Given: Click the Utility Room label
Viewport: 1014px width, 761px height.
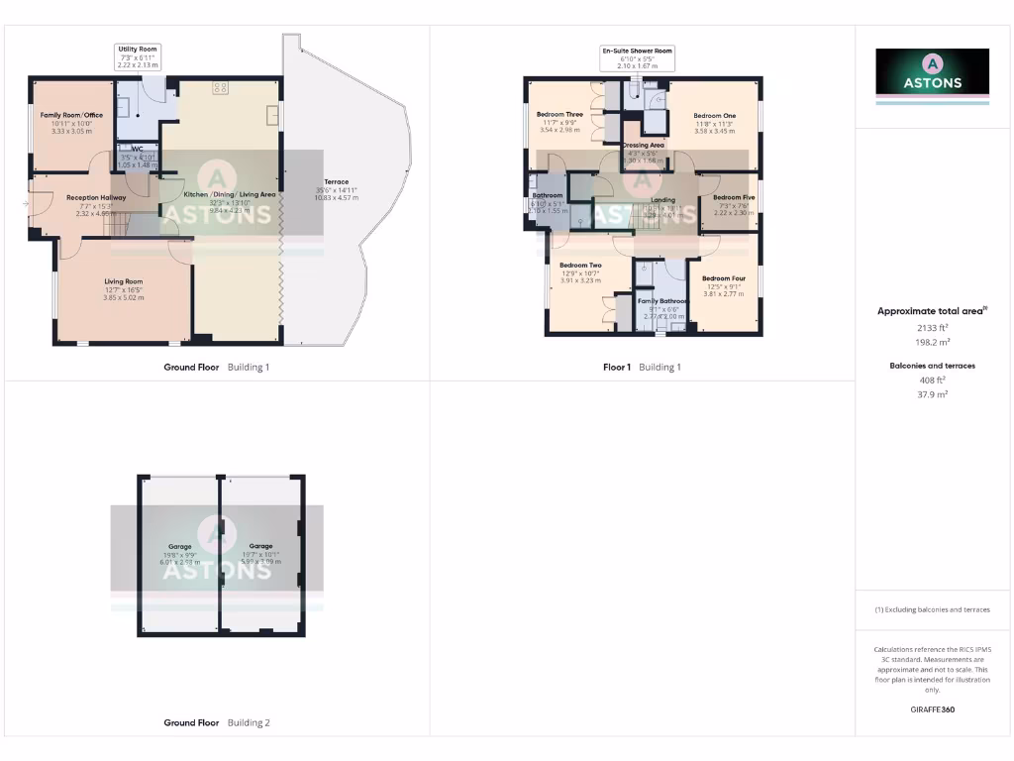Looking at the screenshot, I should tap(137, 49).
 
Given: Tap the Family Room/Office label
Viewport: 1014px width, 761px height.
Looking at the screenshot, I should tap(71, 115).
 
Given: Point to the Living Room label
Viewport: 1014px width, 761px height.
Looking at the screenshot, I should tap(124, 281).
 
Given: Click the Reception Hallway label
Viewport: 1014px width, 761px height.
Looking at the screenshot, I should tap(96, 197).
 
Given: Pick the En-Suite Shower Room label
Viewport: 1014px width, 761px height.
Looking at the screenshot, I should tap(637, 51).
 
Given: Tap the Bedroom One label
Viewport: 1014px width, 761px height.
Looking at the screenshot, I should tap(714, 116).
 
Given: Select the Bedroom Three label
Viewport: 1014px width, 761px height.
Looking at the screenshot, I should tap(559, 115).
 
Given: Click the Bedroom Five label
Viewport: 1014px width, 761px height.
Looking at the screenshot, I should tap(734, 197).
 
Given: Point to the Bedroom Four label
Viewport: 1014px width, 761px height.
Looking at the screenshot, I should tap(723, 279).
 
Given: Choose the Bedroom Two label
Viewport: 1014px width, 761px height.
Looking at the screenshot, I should tap(580, 266).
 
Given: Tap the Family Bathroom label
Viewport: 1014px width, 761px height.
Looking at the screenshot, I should tap(662, 300).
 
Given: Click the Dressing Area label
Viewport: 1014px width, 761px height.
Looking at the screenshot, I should tap(644, 146).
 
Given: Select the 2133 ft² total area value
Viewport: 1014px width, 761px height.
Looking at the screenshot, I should tap(931, 327).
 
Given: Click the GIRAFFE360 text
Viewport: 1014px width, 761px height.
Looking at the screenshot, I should tap(932, 709).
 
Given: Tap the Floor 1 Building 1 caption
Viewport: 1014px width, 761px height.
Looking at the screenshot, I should tap(642, 367).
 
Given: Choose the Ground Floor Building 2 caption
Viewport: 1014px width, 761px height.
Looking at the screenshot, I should tap(216, 722).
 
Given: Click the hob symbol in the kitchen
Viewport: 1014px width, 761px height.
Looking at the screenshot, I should tap(220, 88).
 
